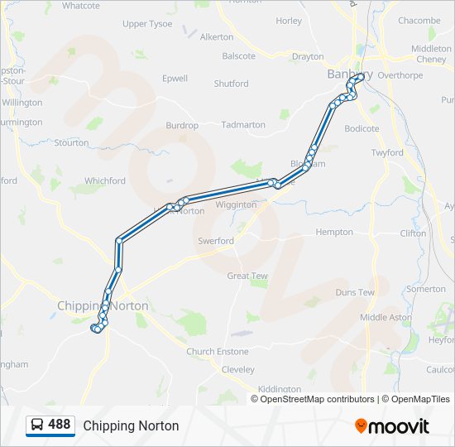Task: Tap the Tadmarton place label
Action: click(243, 125)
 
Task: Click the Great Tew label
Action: click(247, 276)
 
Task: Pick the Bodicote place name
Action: click(362, 129)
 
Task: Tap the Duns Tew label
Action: click(355, 292)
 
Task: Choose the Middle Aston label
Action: click(386, 317)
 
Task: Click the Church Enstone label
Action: click(217, 352)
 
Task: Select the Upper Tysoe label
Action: click(147, 24)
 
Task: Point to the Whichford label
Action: click(105, 181)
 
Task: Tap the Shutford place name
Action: click(231, 84)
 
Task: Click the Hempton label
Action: click(334, 233)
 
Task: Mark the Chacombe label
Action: click(419, 21)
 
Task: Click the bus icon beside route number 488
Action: click(37, 425)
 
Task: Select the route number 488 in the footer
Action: click(60, 425)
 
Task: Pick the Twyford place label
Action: click(387, 153)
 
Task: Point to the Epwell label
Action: click(175, 79)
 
